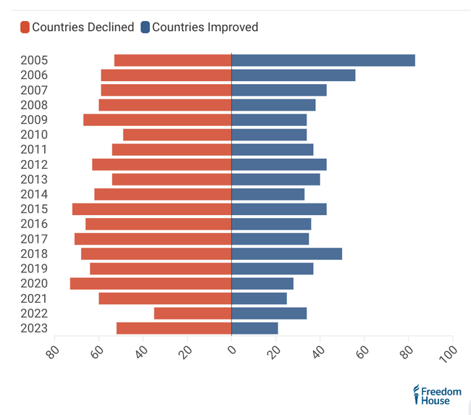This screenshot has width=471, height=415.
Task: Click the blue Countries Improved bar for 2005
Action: click(323, 60)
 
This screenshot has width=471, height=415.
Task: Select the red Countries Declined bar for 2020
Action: click(151, 283)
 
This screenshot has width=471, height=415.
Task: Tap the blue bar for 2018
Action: click(286, 253)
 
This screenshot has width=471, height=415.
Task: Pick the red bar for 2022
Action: click(193, 313)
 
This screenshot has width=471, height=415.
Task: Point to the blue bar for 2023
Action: click(254, 328)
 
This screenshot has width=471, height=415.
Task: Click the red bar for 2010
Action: click(177, 135)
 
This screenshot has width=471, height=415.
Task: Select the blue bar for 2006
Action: click(293, 75)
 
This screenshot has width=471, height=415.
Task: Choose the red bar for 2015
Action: click(151, 209)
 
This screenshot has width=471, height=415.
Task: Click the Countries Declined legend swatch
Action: click(25, 28)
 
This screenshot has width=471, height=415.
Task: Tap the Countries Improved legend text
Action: click(205, 28)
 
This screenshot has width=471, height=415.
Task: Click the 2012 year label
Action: click(34, 164)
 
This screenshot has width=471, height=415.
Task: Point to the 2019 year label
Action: click(34, 269)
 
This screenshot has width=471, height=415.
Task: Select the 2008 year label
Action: click(34, 105)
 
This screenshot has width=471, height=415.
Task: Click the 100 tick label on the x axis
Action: click(447, 353)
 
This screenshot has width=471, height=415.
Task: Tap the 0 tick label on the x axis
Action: click(232, 351)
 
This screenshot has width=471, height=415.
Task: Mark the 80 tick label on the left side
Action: click(52, 352)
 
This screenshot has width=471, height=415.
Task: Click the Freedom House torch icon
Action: click(416, 394)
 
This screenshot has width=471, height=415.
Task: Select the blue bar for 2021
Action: click(259, 298)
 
